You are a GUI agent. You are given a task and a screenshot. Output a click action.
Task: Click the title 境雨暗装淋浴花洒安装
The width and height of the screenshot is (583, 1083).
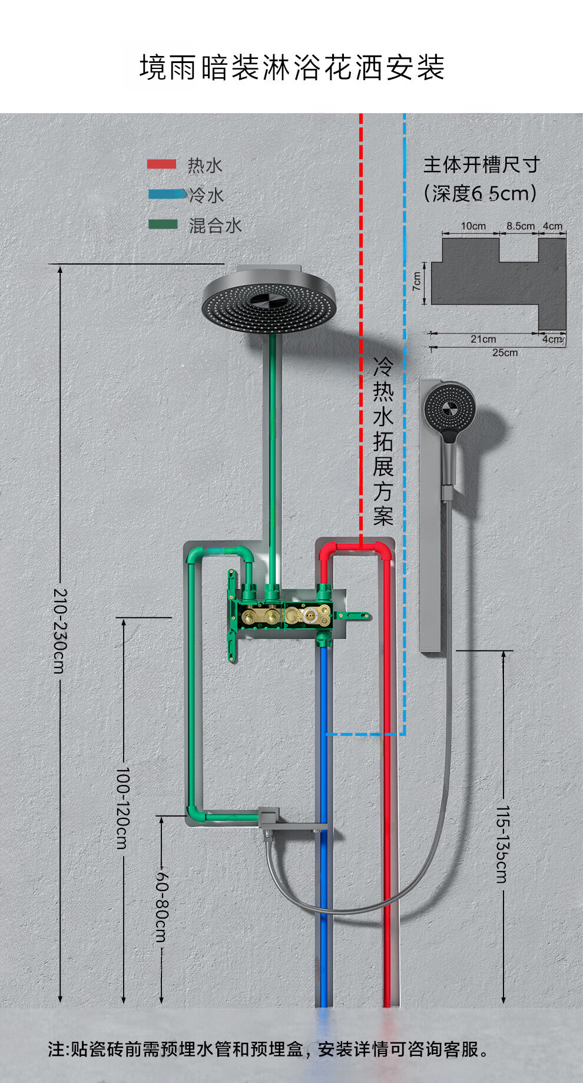[291, 68]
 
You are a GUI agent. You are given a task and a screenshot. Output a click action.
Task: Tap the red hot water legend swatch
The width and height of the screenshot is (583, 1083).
[161, 164]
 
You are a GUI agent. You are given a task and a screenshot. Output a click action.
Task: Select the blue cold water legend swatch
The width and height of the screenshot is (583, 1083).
[165, 193]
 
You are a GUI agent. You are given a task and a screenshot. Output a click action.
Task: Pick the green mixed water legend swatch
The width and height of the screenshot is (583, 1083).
[163, 224]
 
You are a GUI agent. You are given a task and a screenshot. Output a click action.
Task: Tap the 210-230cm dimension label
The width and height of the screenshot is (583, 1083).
[60, 630]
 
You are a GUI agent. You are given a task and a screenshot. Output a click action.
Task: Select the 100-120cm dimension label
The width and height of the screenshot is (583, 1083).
[122, 807]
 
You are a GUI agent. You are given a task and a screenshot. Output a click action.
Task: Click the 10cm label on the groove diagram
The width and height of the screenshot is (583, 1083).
[473, 226]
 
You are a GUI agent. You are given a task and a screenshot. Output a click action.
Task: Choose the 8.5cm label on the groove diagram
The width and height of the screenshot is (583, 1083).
[521, 226]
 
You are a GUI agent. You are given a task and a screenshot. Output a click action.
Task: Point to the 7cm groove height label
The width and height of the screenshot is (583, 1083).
[417, 282]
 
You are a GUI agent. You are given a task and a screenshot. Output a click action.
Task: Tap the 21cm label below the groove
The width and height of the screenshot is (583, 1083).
[483, 339]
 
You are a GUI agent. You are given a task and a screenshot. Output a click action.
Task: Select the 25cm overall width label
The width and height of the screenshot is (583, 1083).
[505, 352]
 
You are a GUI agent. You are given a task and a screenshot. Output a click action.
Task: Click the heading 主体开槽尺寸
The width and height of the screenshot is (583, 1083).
[481, 165]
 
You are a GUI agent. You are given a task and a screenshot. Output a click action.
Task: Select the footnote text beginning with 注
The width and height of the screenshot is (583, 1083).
[269, 1049]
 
